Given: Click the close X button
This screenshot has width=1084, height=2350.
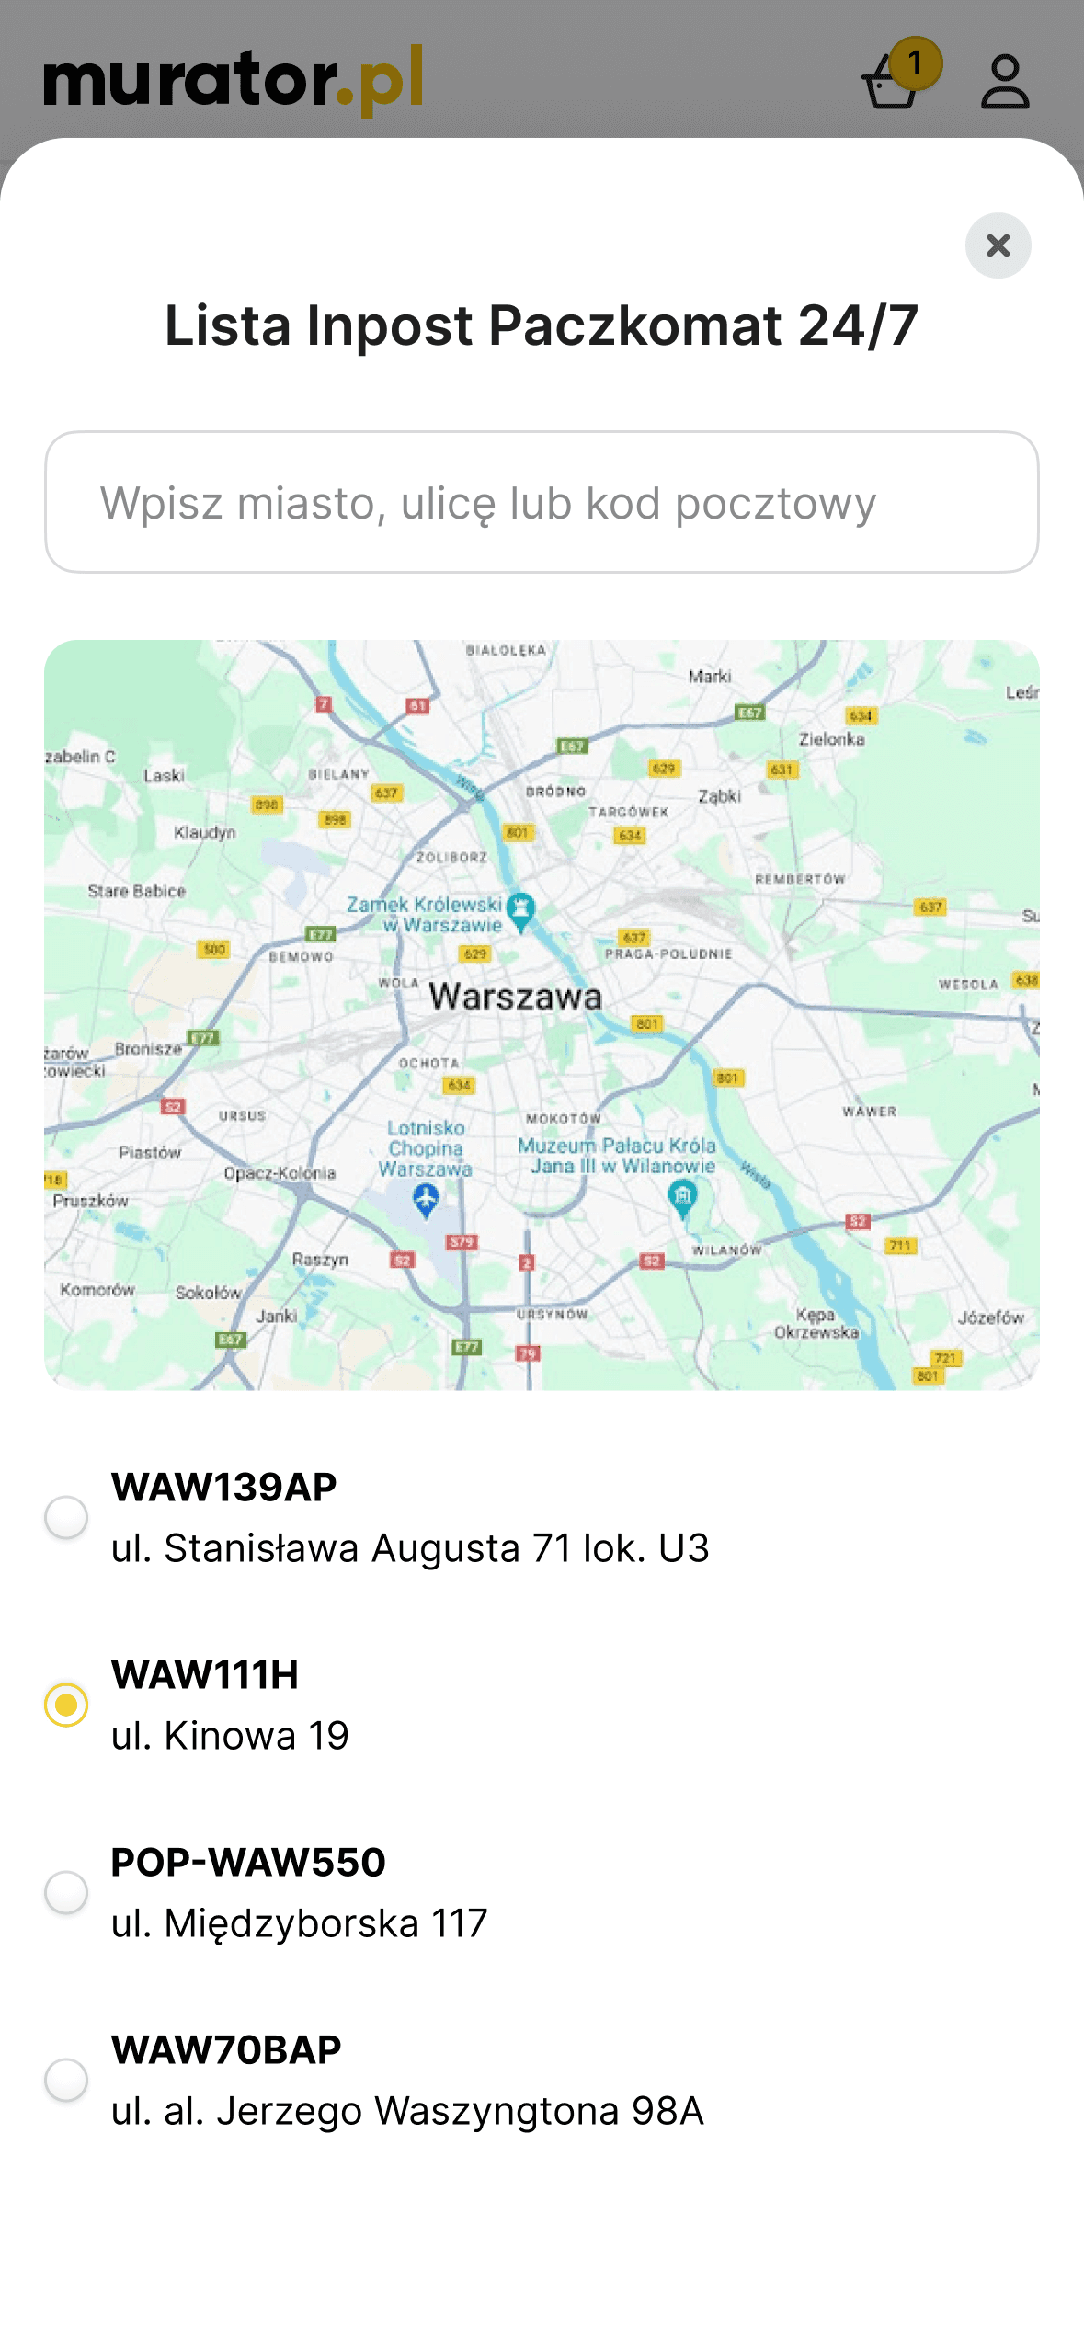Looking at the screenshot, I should [x=998, y=245].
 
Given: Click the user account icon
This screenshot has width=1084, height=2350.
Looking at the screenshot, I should [x=1005, y=82].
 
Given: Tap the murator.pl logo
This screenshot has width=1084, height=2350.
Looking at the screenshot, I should [x=234, y=81].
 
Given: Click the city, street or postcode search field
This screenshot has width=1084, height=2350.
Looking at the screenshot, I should [x=542, y=502].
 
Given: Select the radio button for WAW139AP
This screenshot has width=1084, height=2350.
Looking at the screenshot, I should [x=66, y=1517].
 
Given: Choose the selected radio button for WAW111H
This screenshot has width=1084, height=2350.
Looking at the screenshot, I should [x=66, y=1705].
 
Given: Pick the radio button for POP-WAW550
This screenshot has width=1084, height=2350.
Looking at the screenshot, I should [x=66, y=1892].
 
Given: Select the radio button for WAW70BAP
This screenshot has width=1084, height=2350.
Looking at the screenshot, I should [x=66, y=2080].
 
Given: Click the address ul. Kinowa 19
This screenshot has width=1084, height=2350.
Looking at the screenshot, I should [x=230, y=1736].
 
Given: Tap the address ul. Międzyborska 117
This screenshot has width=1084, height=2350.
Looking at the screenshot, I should [x=299, y=1923].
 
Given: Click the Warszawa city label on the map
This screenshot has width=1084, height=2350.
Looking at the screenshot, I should [x=515, y=997].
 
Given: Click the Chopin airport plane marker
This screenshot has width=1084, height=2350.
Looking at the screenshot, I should [x=426, y=1199].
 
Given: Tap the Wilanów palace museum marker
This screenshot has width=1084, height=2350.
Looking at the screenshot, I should [x=682, y=1197].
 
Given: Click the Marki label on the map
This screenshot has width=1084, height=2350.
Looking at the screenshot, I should [x=710, y=677].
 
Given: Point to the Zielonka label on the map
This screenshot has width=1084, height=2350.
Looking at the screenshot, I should [x=831, y=739].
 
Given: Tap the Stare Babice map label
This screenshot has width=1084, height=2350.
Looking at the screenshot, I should [x=136, y=891].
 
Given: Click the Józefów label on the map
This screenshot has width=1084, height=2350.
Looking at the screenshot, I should [x=990, y=1318].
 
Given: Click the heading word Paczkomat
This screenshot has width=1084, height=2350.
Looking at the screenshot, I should [x=634, y=325].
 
